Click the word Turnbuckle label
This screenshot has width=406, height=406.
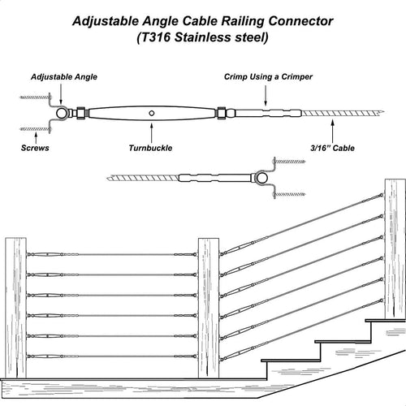pos(150,148)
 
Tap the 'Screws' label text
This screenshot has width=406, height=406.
pos(35,148)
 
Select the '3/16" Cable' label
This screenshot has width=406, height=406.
pos(332,148)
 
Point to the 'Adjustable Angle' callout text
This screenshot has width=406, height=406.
pos(64,77)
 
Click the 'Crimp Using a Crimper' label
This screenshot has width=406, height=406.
pos(268,77)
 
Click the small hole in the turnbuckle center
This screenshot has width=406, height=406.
pos(152,113)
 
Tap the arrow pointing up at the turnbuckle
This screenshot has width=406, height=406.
pos(152,133)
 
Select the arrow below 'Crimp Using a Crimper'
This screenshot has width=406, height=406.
pos(266,95)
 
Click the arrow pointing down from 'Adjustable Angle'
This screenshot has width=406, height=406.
pos(61,94)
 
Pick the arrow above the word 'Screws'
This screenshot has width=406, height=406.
pos(36,138)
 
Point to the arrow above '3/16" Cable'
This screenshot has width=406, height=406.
pos(333,132)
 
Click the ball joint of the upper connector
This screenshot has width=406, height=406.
pos(63,114)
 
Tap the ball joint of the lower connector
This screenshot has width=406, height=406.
pos(261,178)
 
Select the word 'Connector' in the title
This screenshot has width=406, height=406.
pos(300,21)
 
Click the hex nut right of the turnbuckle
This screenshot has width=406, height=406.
pos(221,113)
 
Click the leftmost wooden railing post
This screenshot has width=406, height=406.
pos(15,308)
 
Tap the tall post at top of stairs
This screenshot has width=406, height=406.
pos(395,249)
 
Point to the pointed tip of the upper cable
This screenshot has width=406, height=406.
pos(383,111)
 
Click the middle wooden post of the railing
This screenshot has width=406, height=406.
pos(209,308)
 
